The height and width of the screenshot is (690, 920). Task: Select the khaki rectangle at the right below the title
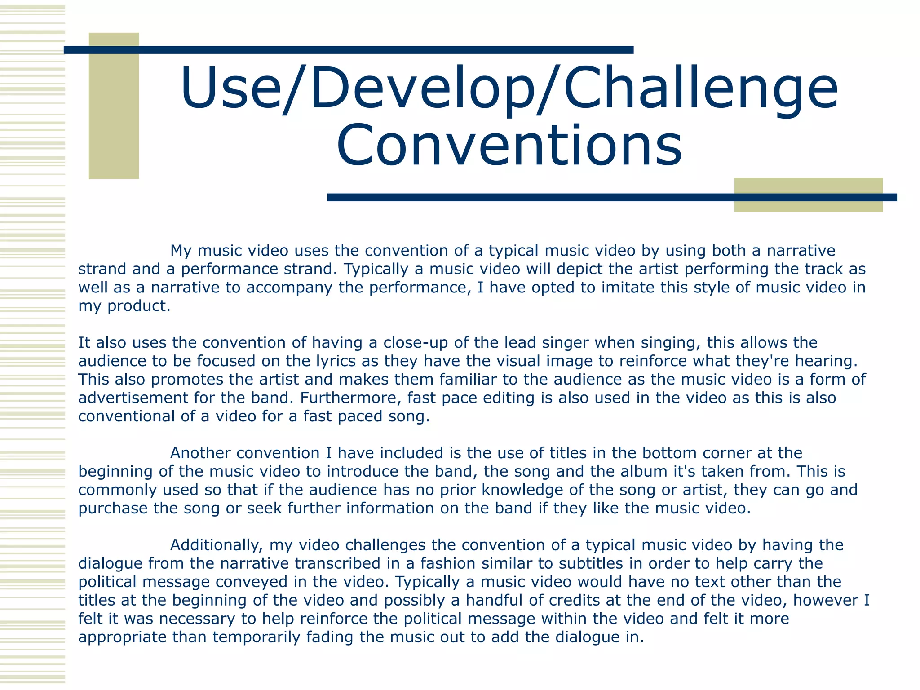808,206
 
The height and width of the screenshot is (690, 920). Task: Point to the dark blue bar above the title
348,50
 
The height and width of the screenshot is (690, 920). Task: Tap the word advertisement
133,398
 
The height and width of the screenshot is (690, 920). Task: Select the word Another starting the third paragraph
200,453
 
